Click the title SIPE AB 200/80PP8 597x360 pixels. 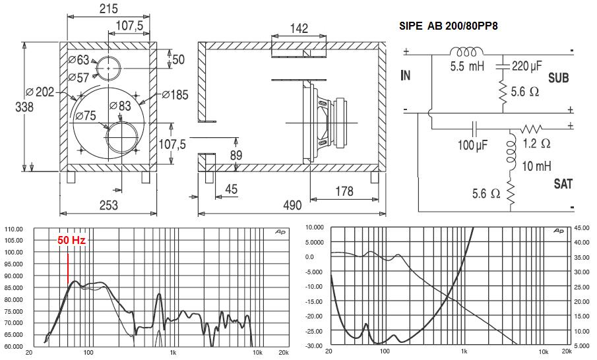coord(448,26)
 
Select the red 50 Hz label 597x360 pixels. coord(72,240)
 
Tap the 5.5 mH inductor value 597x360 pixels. coord(467,66)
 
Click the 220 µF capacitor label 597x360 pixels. coord(526,66)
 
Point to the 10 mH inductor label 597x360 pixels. coord(536,166)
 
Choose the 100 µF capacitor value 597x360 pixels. coord(472,145)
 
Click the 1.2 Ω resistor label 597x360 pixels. coord(536,143)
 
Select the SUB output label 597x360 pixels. coord(559,78)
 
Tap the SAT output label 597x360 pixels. coord(563,184)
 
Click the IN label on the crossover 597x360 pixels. coord(406,75)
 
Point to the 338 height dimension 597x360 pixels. coord(24,107)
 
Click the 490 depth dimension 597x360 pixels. coord(292,206)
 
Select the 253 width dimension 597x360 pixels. coord(108,206)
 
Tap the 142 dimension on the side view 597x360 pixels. coord(299,28)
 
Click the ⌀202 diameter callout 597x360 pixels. coord(40,92)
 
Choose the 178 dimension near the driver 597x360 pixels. coord(344,191)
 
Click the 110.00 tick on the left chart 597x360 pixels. coord(14,229)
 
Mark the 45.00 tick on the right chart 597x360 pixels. coord(581,227)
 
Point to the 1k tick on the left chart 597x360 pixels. coord(173,353)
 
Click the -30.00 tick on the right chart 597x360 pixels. coord(314,346)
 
